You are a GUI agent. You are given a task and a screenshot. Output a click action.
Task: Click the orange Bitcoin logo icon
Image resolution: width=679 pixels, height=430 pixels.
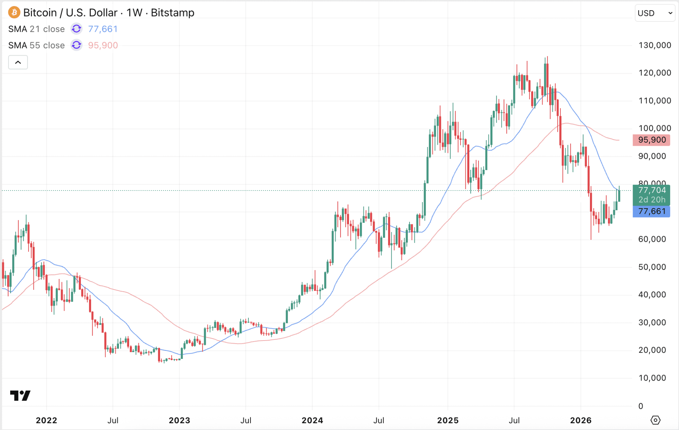(x=14, y=13)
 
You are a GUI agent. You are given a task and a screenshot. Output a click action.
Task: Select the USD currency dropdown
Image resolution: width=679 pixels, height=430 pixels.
(x=655, y=13)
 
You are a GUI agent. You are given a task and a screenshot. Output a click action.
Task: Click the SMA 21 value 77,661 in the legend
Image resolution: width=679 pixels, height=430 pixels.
(x=103, y=29)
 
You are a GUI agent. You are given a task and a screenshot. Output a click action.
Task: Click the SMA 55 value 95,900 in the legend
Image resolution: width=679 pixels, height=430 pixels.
(x=103, y=45)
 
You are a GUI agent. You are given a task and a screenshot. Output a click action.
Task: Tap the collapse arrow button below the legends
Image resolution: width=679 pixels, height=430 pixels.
(x=18, y=62)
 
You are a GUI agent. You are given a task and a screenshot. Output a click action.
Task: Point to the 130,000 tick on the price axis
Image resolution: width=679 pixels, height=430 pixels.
(x=654, y=45)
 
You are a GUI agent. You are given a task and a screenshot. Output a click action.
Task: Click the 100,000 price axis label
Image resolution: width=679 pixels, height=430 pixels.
(x=654, y=128)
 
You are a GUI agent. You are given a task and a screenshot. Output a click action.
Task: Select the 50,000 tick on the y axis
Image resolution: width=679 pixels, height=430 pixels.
(x=652, y=267)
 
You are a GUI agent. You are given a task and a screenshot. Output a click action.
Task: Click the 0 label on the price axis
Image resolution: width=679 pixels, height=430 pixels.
(x=641, y=406)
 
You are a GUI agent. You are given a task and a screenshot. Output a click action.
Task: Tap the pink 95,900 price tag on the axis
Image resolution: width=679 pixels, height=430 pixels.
(x=651, y=140)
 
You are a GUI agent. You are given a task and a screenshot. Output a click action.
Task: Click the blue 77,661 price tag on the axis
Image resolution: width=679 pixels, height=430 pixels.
(x=651, y=211)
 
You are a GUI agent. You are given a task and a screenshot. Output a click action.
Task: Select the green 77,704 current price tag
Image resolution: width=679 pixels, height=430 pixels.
(x=651, y=191)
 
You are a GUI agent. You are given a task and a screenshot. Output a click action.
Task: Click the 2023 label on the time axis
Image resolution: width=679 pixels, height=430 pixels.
(x=179, y=420)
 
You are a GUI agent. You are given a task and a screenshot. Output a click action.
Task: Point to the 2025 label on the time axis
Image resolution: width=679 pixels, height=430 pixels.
(x=448, y=420)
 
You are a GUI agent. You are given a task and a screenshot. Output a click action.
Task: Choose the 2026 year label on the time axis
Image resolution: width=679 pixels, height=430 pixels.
(x=580, y=420)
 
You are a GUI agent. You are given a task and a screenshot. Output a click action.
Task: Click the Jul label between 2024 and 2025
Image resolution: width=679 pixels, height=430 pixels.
(x=379, y=420)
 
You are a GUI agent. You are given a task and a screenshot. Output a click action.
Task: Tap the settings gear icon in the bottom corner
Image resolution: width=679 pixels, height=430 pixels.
(x=655, y=420)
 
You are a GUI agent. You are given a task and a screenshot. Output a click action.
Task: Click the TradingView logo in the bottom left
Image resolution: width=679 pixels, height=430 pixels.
(x=20, y=395)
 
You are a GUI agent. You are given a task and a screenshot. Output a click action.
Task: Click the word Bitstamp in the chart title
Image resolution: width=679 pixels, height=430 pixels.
(x=172, y=13)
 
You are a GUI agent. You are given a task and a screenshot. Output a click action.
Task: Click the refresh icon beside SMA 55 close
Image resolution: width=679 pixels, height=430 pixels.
(x=76, y=45)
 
